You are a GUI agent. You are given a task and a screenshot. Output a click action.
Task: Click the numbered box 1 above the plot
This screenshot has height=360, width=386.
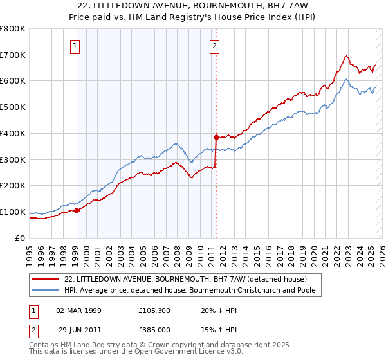(x=76, y=46)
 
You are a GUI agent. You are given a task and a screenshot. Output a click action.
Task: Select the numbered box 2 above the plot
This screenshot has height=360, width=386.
(x=214, y=46)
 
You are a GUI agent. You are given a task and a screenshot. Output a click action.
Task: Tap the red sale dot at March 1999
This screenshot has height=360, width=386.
(x=77, y=210)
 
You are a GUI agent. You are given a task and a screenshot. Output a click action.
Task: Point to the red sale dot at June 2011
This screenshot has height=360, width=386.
(x=216, y=137)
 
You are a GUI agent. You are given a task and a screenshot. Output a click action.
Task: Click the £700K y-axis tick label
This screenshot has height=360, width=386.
(x=13, y=55)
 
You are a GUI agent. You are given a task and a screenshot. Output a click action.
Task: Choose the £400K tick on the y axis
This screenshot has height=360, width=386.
(x=13, y=133)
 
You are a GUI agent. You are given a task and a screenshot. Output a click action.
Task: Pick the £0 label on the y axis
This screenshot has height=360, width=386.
(x=21, y=238)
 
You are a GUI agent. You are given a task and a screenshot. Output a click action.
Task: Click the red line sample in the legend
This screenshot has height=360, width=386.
(x=46, y=279)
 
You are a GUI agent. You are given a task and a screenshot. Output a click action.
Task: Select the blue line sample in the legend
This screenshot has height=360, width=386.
(x=46, y=290)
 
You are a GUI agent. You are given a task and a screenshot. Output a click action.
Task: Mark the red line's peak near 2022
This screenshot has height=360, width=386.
(x=347, y=55)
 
